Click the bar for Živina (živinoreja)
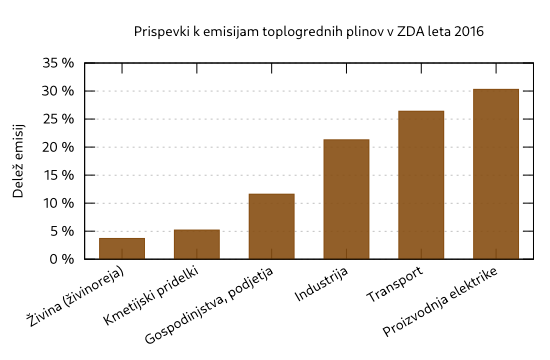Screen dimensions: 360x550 122,248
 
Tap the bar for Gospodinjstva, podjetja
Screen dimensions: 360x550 271,226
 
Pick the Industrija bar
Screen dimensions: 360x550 346,199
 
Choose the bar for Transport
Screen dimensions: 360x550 421,185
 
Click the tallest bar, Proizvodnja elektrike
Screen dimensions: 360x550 496,174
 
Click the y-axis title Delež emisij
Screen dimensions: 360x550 19,161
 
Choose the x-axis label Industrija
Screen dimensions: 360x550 322,287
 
